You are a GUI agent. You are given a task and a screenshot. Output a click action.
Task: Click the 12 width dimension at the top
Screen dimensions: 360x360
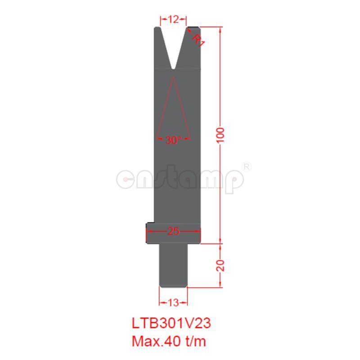(x=174, y=19)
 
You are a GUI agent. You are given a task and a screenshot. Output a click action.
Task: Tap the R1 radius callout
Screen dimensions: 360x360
(x=198, y=40)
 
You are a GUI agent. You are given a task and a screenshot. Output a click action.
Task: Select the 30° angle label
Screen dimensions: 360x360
(x=172, y=140)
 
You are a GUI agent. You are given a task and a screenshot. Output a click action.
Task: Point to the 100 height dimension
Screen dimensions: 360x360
(x=220, y=135)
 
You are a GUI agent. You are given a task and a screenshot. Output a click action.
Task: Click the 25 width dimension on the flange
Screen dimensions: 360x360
(x=173, y=231)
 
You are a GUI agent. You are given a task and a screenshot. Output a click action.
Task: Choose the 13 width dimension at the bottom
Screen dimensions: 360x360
(x=173, y=302)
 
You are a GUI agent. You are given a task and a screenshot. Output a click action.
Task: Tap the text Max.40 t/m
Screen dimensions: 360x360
(x=169, y=341)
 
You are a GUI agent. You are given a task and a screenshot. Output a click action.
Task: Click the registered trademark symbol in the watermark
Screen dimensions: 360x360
(x=247, y=166)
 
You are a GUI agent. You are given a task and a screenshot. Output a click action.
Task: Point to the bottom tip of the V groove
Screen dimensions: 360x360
(x=174, y=68)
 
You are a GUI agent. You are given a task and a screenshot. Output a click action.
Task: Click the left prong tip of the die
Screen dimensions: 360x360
(x=157, y=29)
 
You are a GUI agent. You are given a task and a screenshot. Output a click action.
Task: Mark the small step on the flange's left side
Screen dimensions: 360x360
(x=150, y=225)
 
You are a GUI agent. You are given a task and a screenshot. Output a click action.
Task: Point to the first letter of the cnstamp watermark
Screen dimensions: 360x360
(x=126, y=179)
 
